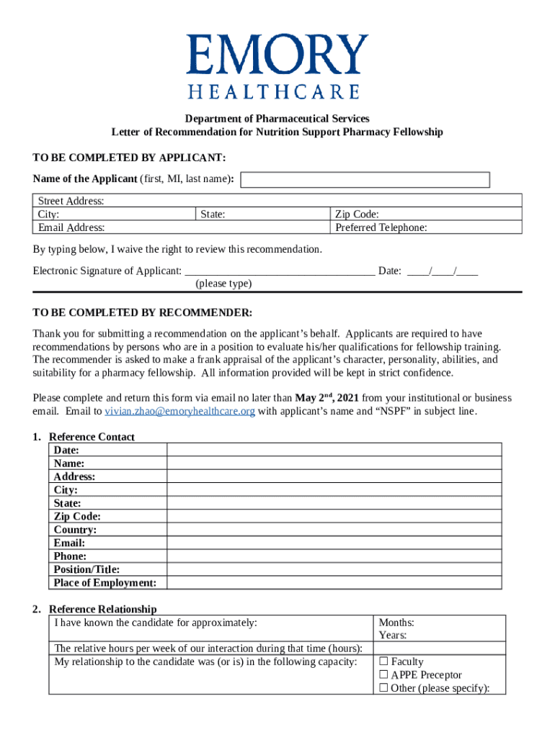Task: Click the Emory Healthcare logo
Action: pos(277,66)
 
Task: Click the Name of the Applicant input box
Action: pos(365,180)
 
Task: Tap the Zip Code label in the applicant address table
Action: pos(358,214)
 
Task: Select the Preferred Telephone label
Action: pos(381,227)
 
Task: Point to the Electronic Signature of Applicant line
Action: pos(280,271)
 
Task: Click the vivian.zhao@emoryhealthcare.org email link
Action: pos(180,411)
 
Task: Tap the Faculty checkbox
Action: pos(383,661)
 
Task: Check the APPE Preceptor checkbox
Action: pos(383,675)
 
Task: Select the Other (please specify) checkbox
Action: pos(383,688)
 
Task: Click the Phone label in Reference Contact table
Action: pos(70,556)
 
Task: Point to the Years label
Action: pos(393,636)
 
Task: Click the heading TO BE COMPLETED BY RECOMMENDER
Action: pos(143,313)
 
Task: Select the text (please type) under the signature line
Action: pos(223,284)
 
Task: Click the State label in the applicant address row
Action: pos(213,214)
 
